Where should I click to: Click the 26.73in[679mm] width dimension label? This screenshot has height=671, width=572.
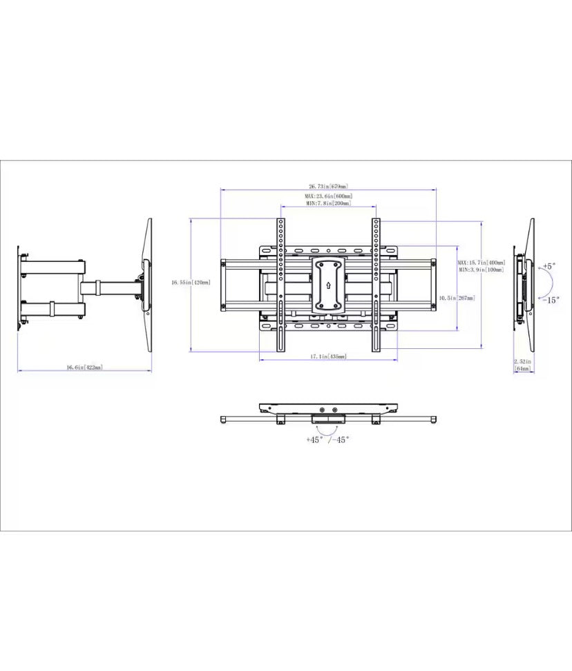tap(328, 187)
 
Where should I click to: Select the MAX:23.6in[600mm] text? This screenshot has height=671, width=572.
tap(328, 196)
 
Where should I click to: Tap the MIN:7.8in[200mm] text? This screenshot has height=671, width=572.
tap(328, 204)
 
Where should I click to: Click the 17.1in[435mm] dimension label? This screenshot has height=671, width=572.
tap(328, 357)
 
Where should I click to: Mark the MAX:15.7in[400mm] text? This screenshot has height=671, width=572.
tap(482, 263)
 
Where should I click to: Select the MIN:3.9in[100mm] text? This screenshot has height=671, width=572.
tap(481, 270)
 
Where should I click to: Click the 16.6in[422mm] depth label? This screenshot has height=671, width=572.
tap(84, 368)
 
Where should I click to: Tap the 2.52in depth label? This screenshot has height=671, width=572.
tap(522, 361)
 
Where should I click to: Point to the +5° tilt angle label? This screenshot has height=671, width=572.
tap(549, 266)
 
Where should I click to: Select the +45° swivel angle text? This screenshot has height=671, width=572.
tap(315, 440)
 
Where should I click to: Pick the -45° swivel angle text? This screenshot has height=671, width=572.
tap(339, 440)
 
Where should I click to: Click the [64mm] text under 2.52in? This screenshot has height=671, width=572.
tap(523, 369)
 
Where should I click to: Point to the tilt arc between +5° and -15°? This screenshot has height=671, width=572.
tap(540, 283)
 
